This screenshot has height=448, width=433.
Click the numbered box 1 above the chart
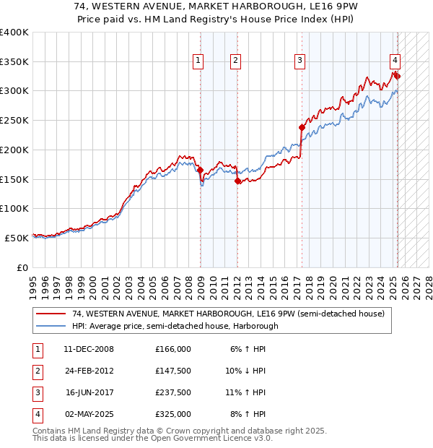[x=198, y=61]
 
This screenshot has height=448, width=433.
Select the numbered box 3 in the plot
[x=299, y=61]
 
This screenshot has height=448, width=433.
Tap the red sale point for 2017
[x=302, y=127]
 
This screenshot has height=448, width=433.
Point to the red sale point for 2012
[x=237, y=181]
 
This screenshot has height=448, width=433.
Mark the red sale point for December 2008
[x=200, y=171]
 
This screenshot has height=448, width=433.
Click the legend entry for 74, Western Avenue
[x=231, y=314]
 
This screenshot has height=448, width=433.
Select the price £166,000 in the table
[x=173, y=349]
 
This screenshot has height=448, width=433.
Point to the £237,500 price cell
[x=173, y=392]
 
